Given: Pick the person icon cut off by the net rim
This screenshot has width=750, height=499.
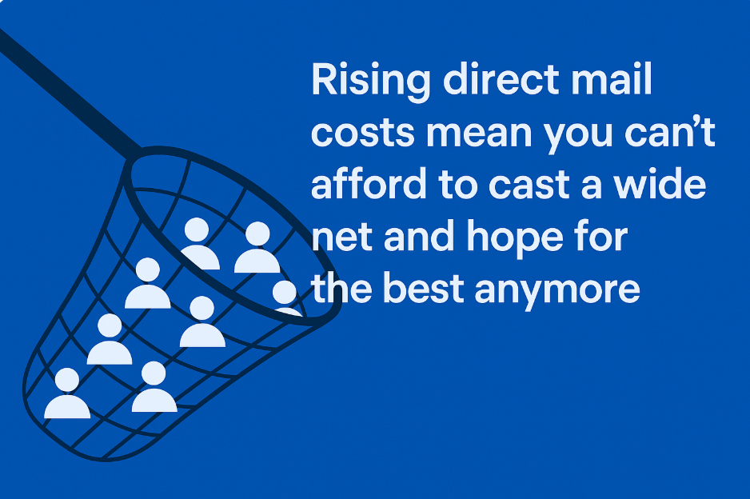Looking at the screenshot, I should (285, 296).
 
